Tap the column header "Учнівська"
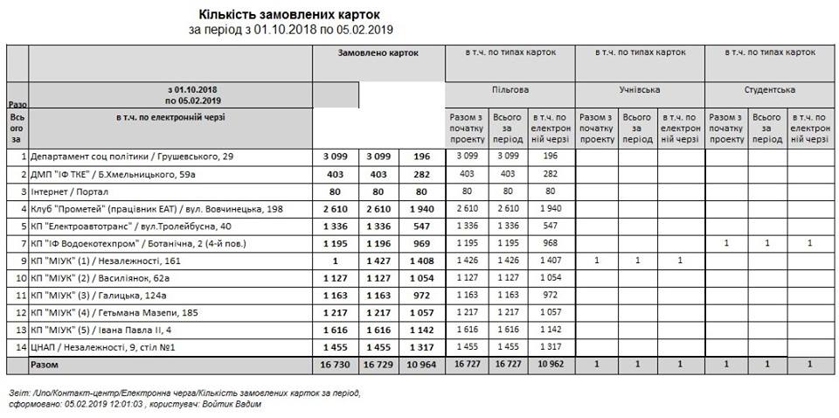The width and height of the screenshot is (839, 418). pos(640,89)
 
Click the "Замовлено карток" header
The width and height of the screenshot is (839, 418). pos(378,53)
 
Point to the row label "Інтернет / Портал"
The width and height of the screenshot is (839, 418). pos(70,191)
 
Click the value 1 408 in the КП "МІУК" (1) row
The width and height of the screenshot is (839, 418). pos(421,261)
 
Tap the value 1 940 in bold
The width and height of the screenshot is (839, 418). pos(421,208)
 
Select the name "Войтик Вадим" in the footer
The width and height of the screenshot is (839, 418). pos(232,404)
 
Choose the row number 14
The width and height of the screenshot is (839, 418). pos(21,347)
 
